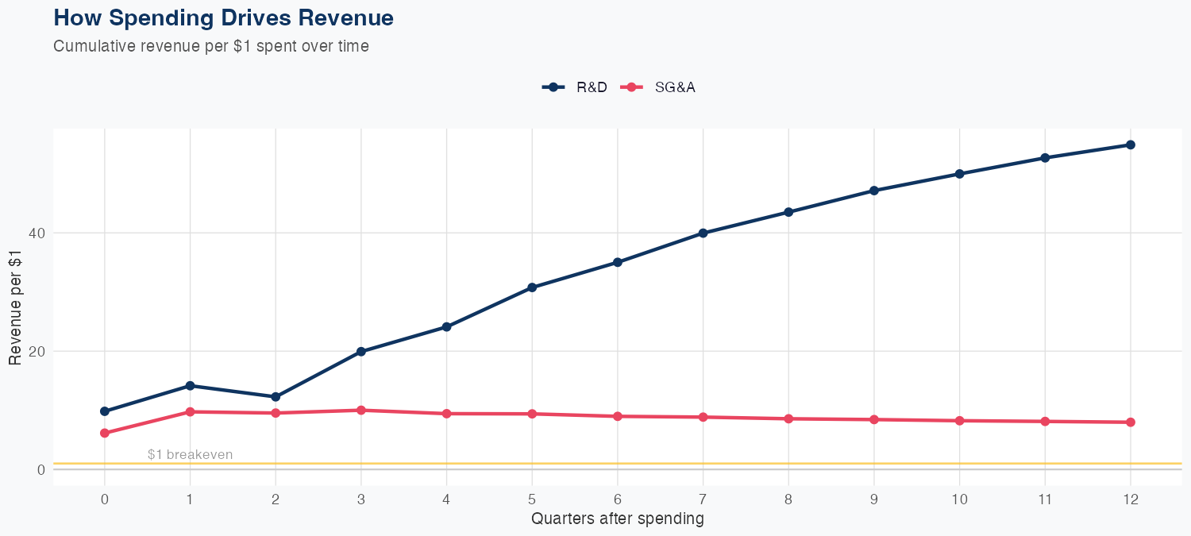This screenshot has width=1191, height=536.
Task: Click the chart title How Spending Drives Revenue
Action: coord(223,18)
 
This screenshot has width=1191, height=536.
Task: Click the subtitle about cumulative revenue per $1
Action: coord(211,46)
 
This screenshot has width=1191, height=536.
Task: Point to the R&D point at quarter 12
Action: coord(1131,145)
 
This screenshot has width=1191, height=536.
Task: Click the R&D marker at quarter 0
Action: coord(105,411)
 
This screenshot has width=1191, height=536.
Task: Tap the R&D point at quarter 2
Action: coord(276,397)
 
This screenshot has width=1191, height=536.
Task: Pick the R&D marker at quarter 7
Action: coord(703,233)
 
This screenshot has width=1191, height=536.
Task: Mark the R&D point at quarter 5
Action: coord(532,287)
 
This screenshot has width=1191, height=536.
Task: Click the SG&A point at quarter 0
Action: coord(105,433)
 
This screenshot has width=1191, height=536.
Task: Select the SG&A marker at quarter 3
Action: coord(361,411)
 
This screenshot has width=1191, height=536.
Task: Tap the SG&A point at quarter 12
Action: coord(1131,422)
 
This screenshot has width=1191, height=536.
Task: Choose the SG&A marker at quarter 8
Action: coord(788,418)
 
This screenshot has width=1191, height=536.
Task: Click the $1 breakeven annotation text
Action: coord(190,454)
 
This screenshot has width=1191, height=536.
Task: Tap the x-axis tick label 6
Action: coord(617,499)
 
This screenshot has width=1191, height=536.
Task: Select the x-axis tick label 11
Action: coord(1045,499)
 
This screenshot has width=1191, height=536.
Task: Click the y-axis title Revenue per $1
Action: coord(15,307)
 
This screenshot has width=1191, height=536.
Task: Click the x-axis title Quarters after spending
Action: coord(617,519)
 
